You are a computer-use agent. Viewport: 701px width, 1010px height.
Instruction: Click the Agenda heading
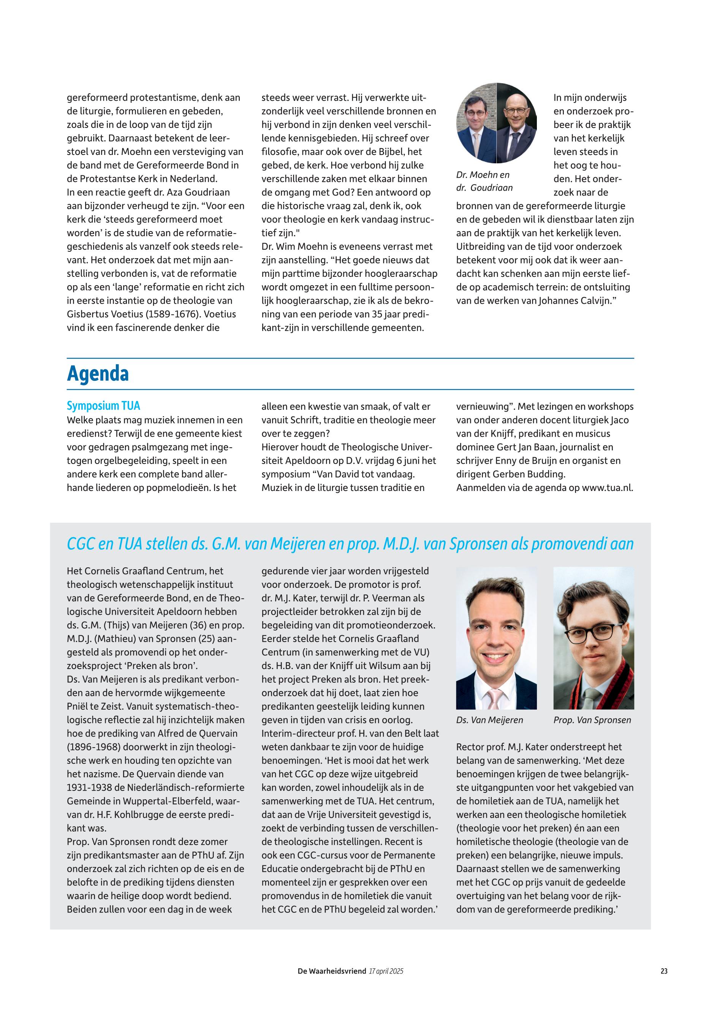pyautogui.click(x=98, y=374)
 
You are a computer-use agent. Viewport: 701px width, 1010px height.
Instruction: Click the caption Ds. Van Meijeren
pyautogui.click(x=489, y=720)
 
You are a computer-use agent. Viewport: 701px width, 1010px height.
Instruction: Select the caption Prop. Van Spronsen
pyautogui.click(x=592, y=720)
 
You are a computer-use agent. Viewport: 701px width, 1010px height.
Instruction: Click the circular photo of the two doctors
pyautogui.click(x=496, y=123)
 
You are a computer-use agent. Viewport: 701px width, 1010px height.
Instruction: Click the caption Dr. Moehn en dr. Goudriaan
pyautogui.click(x=484, y=181)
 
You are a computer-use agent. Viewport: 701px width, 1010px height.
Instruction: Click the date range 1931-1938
pyautogui.click(x=87, y=787)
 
